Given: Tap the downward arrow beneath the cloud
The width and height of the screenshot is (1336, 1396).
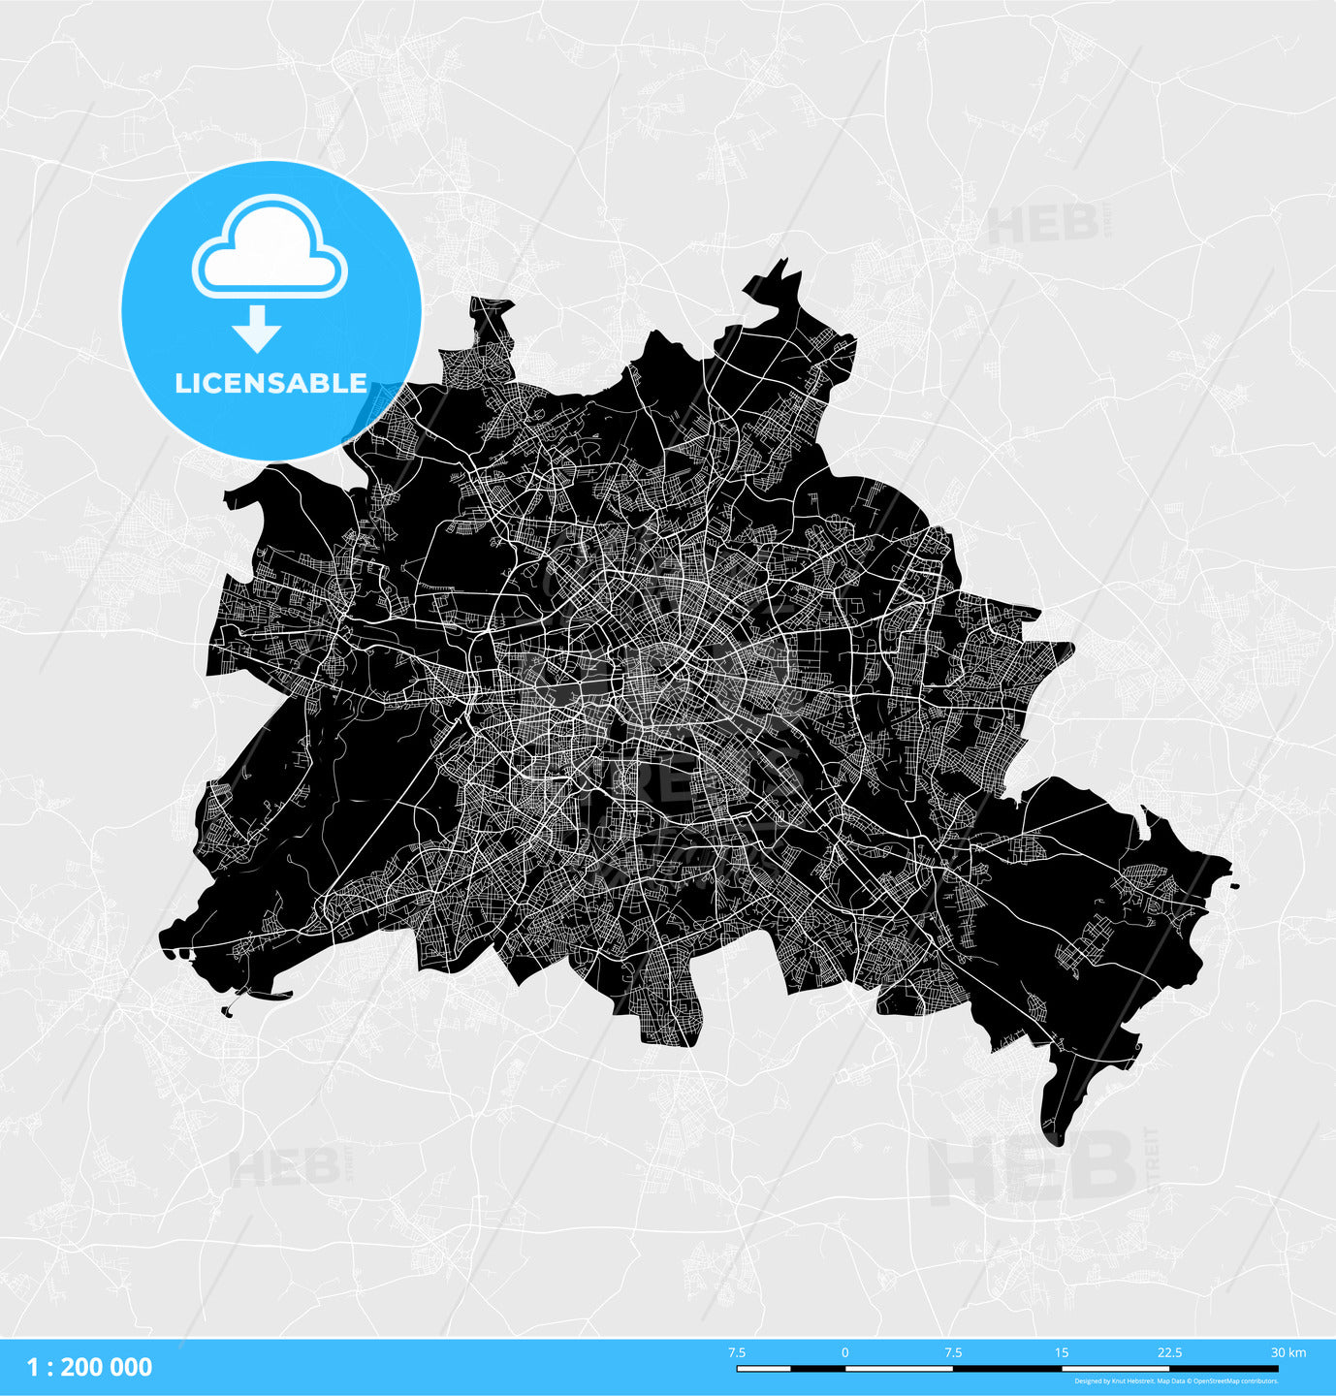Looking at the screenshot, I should point(257,329).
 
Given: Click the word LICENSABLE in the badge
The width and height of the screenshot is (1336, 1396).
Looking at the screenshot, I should point(270,383).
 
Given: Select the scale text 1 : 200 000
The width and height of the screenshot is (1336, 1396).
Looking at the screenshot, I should point(89,1367).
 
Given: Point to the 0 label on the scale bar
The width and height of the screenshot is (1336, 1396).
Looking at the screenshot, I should point(844,1352).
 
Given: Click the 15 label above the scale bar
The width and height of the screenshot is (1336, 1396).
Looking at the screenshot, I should point(1062,1352).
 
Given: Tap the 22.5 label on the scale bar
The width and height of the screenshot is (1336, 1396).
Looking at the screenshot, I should point(1169,1352).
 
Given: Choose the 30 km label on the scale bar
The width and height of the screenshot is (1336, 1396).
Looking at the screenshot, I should point(1288,1352).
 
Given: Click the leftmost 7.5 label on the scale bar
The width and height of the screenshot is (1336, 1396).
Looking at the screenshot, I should point(737,1352).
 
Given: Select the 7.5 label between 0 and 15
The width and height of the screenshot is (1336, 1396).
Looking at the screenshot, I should point(953,1352).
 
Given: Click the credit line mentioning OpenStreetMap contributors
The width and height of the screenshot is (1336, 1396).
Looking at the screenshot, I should point(1176,1381).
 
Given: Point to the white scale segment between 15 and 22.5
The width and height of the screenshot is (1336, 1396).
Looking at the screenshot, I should point(1116,1368).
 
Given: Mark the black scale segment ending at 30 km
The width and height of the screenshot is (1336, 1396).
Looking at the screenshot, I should point(1224,1368).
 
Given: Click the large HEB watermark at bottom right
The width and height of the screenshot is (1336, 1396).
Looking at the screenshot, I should point(1033,1168).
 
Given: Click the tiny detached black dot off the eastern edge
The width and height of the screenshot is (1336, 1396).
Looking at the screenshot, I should point(1234,885).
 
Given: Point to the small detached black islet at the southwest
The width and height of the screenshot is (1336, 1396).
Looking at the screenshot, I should point(227,1012).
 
